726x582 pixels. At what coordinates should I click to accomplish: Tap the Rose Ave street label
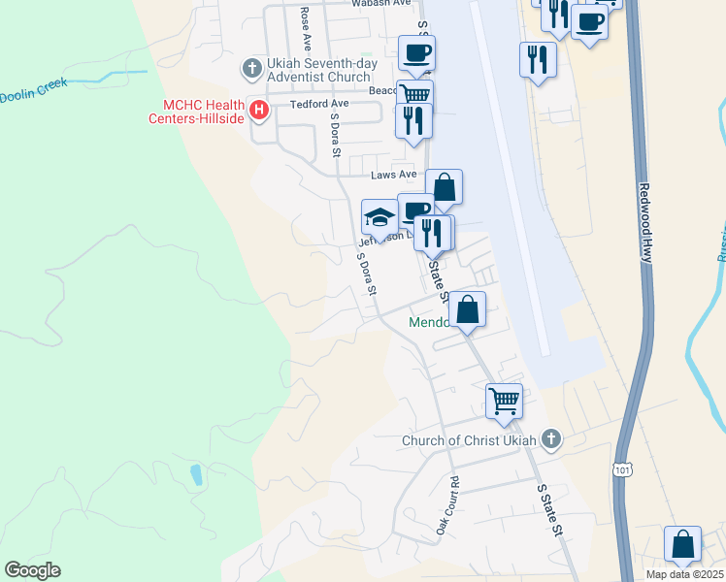(306, 29)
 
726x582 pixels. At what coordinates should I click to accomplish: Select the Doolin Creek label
(33, 90)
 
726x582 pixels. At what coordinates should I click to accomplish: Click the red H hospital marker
(259, 111)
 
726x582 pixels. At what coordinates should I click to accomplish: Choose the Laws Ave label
(394, 176)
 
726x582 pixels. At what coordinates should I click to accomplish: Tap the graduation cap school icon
(379, 216)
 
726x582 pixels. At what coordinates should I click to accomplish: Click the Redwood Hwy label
(646, 221)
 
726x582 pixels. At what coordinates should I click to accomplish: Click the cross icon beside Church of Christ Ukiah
(551, 438)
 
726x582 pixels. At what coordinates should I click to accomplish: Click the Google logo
(32, 569)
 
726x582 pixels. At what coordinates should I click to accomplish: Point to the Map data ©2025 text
(684, 574)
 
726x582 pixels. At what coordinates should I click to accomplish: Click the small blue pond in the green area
(197, 474)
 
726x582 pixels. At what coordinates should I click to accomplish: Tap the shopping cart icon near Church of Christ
(504, 400)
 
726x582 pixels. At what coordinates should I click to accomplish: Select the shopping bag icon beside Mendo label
(468, 309)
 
